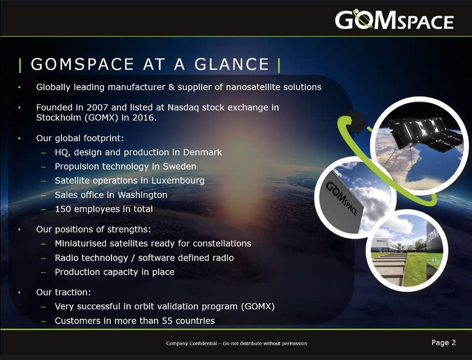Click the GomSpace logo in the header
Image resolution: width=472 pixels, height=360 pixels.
394,19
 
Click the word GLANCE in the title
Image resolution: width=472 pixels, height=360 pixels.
232,64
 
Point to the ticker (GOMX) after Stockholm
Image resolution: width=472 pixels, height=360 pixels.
101,117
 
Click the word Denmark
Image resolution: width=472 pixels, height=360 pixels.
202,152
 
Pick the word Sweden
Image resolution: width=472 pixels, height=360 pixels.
179,166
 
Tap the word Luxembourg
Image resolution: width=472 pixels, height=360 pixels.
178,181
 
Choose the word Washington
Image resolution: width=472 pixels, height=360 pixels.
142,195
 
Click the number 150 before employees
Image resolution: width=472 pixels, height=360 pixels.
63,209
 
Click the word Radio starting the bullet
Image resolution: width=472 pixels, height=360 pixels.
65,258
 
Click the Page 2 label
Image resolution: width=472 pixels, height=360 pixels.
444,343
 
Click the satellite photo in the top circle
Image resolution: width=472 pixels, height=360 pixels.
419,146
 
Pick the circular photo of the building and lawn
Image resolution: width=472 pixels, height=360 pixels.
407,251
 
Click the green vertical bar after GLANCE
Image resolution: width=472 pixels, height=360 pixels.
279,66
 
